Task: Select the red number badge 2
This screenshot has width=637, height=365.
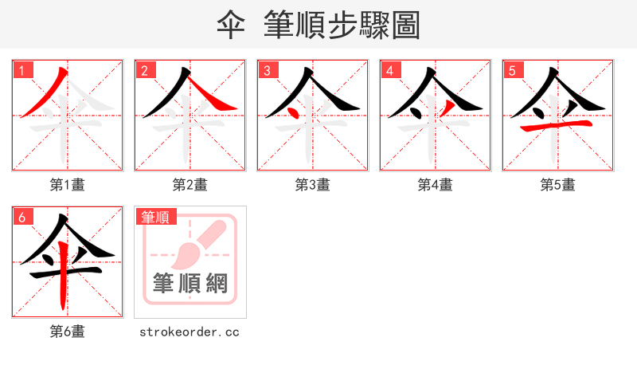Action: pyautogui.click(x=145, y=70)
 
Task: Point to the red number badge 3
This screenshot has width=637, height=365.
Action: pyautogui.click(x=268, y=70)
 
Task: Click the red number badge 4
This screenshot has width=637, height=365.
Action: pyautogui.click(x=390, y=70)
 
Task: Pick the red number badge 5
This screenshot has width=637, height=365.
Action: pyautogui.click(x=513, y=70)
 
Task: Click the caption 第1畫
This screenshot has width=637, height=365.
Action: pyautogui.click(x=68, y=185)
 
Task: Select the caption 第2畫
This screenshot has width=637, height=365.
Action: pyautogui.click(x=190, y=185)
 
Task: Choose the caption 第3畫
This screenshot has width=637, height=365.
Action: pyautogui.click(x=313, y=185)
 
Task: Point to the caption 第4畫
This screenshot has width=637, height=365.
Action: pyautogui.click(x=436, y=185)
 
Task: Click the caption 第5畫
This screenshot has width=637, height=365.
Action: pyautogui.click(x=558, y=185)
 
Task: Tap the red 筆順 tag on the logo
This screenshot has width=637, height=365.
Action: pyautogui.click(x=157, y=217)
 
